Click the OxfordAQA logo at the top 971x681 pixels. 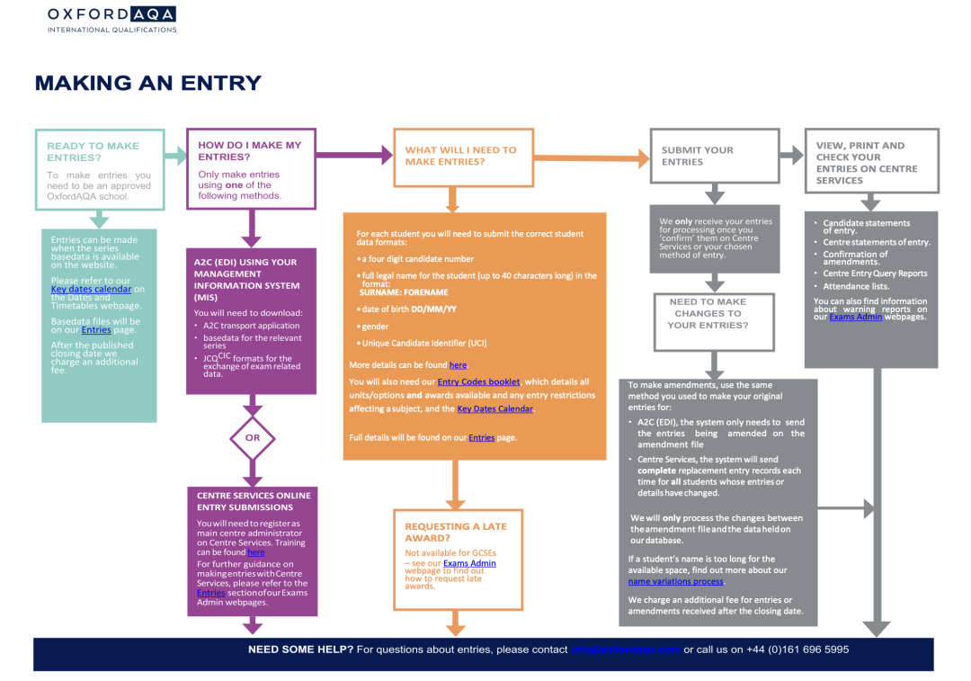coord(111,19)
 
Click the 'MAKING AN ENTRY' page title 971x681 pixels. coord(147,84)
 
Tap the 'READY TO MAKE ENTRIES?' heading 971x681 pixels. coord(93,151)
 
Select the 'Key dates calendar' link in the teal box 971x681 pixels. coord(91,289)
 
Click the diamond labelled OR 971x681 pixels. coord(253,438)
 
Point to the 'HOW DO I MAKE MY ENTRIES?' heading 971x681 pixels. coord(249,150)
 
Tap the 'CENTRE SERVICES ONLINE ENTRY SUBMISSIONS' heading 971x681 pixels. coord(254,501)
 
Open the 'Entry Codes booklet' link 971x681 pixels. coord(478,381)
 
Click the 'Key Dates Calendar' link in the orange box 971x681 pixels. coord(494,408)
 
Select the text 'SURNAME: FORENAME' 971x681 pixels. coord(403,292)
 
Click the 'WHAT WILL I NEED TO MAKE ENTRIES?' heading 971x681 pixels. coord(460,156)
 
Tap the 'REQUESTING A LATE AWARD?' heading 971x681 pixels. coord(455,532)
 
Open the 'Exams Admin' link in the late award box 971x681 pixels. coord(469,563)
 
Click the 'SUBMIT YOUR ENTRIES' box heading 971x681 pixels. coord(698,156)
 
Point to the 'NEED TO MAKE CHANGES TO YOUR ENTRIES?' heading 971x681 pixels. coord(708,313)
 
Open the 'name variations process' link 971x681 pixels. coord(675,581)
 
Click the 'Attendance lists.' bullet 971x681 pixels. coord(856,286)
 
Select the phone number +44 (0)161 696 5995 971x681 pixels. coord(797,650)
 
